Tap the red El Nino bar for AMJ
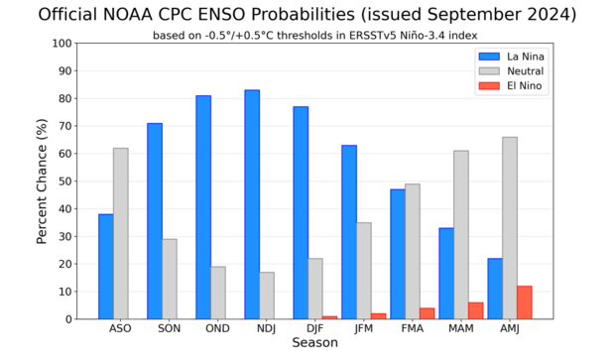tap(525, 302)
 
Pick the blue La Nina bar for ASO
tap(106, 267)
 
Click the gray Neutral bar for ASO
tap(121, 233)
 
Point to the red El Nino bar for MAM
tap(476, 310)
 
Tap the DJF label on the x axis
tap(315, 328)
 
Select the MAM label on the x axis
tap(461, 328)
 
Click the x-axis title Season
tap(314, 343)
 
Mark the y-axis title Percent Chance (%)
tap(43, 181)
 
